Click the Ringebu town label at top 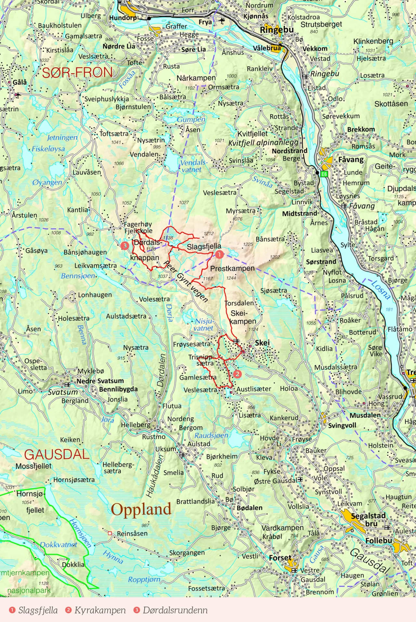click(277, 30)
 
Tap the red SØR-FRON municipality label click(77, 72)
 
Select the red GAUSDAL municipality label click(57, 454)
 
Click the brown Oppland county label click(141, 510)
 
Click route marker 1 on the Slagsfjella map click(219, 254)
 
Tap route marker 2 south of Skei click(237, 374)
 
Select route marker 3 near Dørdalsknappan click(125, 245)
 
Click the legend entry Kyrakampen click(100, 610)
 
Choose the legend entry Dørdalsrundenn click(175, 610)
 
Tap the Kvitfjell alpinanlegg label click(263, 143)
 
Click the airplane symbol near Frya click(222, 21)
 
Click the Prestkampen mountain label click(232, 268)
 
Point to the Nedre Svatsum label click(100, 381)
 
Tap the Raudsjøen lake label click(211, 435)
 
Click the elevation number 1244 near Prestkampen click(231, 278)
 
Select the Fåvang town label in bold click(351, 160)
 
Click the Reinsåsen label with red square click(132, 533)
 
